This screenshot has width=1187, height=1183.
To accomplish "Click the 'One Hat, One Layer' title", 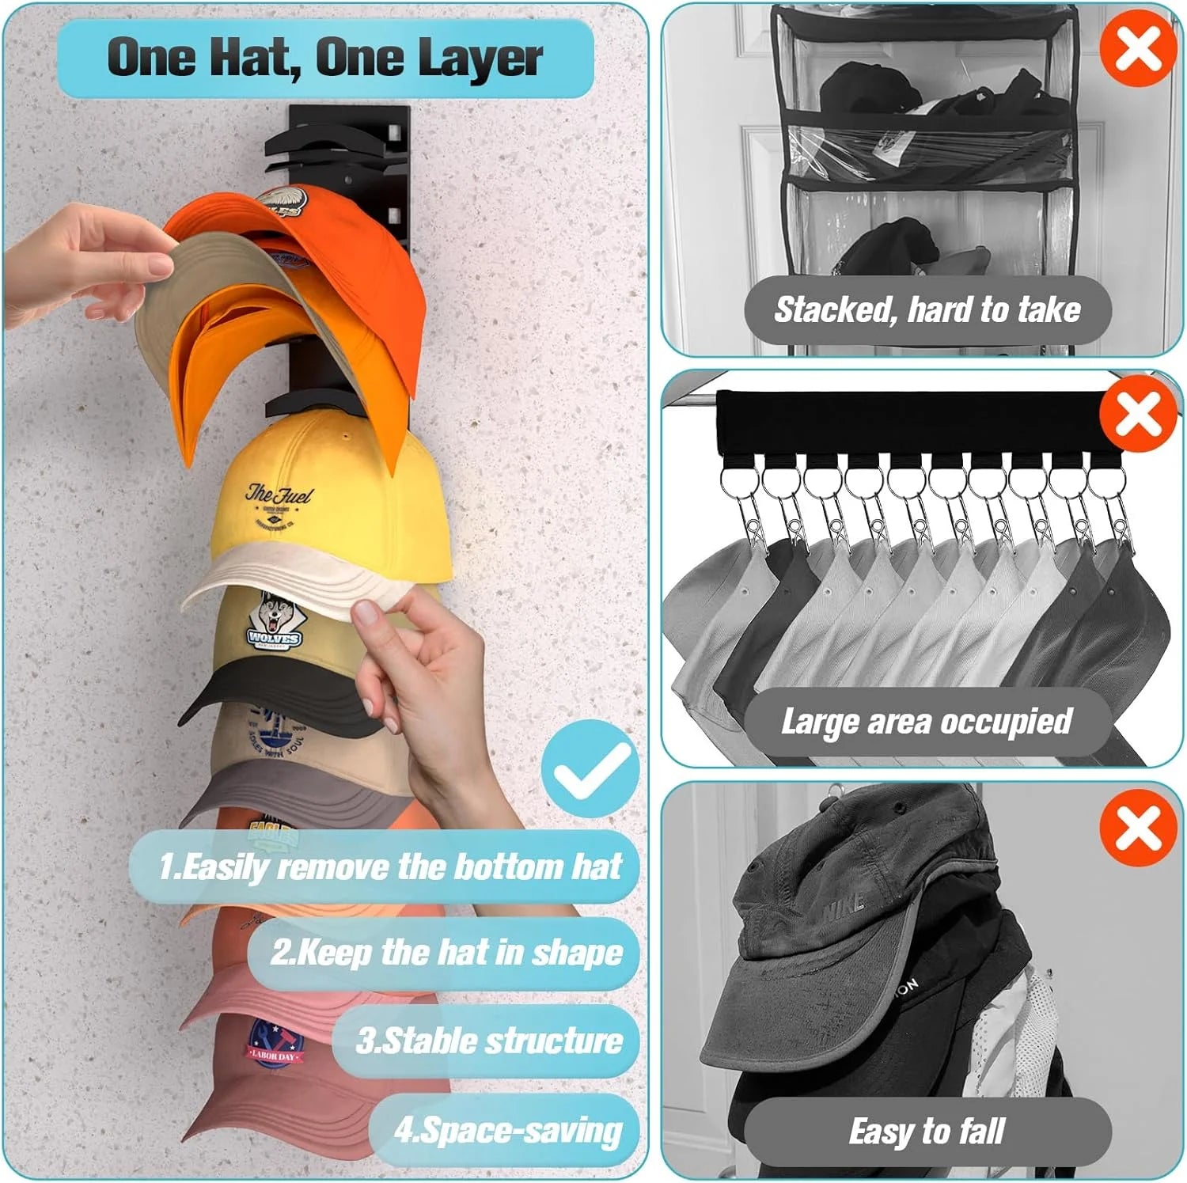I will pos(324,58).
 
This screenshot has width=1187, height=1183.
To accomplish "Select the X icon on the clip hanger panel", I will pos(1138,414).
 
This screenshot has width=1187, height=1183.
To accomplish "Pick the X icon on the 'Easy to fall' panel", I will pos(1138,828).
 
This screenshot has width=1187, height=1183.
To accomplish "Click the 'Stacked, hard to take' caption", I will pos(927,309).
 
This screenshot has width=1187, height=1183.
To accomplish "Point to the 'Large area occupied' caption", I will pos(927,722).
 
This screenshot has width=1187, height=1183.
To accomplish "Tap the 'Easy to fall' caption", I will pos(927,1132).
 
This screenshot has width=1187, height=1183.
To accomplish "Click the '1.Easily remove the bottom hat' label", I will pos(389,866).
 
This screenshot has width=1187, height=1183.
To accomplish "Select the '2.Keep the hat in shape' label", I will pos(446,953).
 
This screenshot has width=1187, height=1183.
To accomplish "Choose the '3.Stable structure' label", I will pos(488,1041).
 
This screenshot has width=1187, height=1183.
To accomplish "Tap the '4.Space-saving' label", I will pos(507,1130).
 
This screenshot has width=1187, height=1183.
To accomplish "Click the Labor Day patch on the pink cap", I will pos(273,1044).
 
